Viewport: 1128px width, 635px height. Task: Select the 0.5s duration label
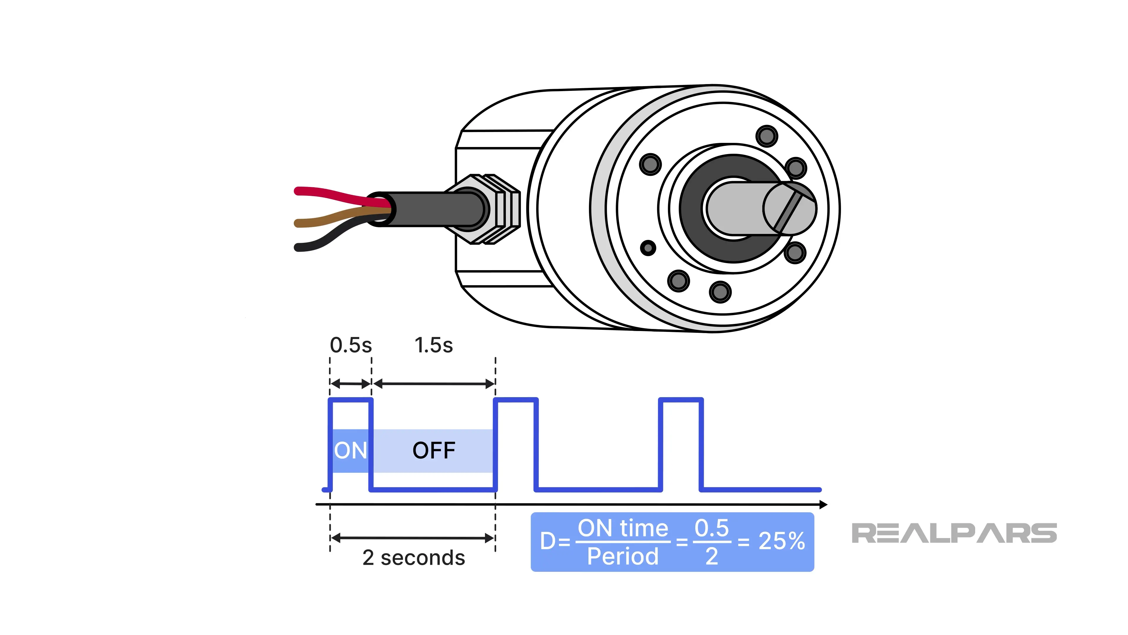pos(351,345)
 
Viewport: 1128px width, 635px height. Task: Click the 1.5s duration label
pos(434,345)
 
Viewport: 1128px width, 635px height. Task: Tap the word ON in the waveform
pos(350,450)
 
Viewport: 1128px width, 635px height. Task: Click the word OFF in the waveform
pos(434,450)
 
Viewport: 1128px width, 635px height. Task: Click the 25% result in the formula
pos(782,541)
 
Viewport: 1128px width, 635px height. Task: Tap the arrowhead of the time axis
pos(823,505)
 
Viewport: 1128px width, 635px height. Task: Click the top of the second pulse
pos(516,400)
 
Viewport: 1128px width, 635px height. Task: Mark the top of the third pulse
pos(681,400)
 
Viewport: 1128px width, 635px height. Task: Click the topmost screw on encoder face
pos(766,136)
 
